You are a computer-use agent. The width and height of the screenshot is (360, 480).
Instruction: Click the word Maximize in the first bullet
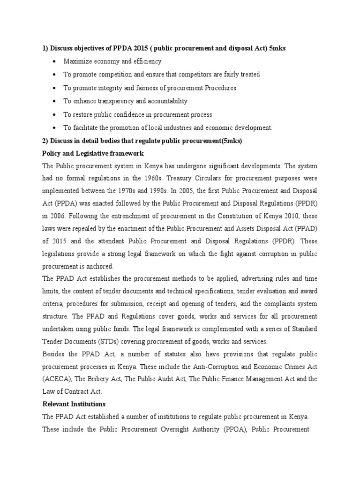coord(78,61)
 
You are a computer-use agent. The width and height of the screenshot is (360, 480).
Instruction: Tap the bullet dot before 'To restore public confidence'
coord(56,114)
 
